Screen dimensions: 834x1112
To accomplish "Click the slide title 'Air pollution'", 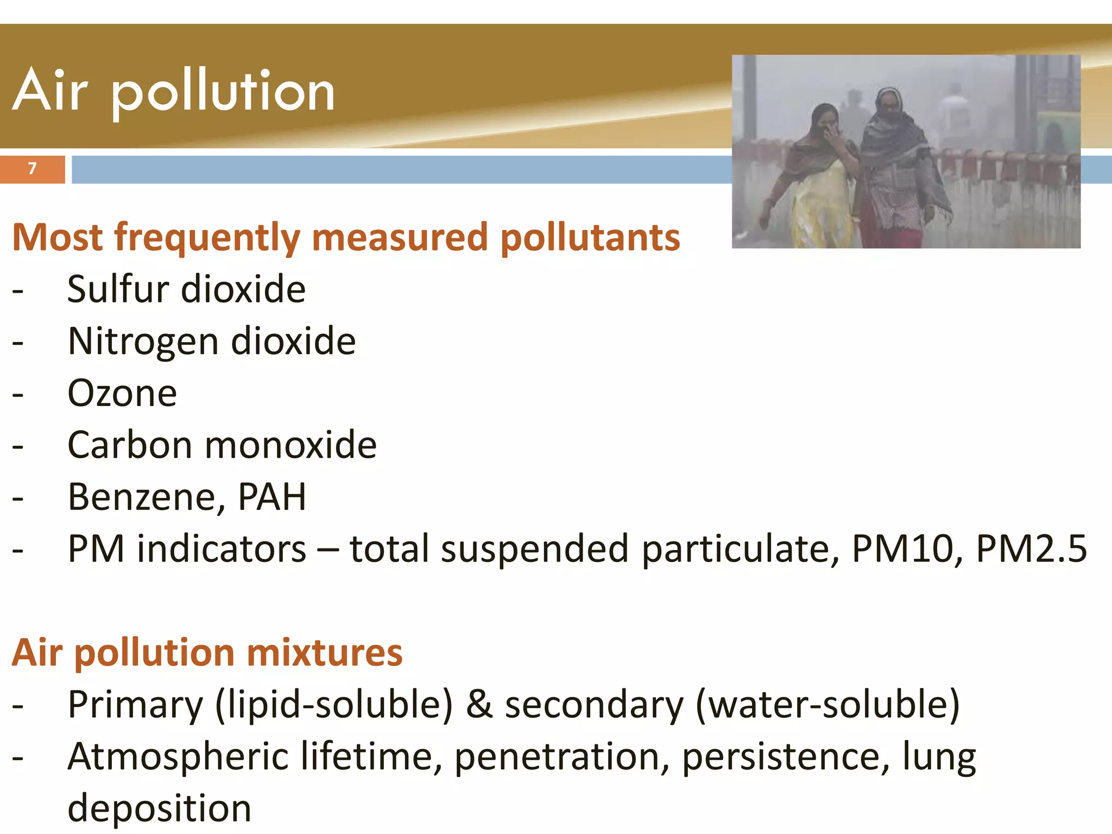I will (174, 91).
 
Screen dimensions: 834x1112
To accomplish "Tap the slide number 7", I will (32, 169).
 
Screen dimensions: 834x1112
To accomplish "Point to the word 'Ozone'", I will (122, 393).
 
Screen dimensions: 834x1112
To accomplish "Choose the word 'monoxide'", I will (290, 445).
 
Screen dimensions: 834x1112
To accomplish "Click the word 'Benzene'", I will (142, 497).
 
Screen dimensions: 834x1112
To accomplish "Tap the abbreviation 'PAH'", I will (272, 497).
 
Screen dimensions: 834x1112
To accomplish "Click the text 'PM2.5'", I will (1031, 548).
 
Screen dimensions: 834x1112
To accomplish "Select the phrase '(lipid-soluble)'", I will (334, 705).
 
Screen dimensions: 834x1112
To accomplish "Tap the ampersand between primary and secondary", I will (479, 705).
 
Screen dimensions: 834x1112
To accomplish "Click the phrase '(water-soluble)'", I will (827, 705).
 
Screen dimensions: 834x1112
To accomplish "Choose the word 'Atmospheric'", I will (178, 757).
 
